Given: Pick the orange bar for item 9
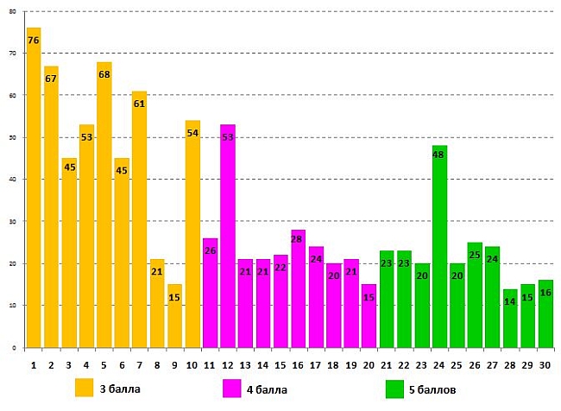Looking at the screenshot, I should (x=174, y=319).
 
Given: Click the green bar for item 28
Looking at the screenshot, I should (x=510, y=321).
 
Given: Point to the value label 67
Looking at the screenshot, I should (x=51, y=79).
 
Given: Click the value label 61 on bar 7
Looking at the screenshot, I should (x=139, y=104).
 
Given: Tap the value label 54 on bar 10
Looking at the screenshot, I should (x=192, y=133).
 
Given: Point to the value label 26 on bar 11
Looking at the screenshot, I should (x=210, y=251).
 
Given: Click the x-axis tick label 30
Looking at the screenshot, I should (x=545, y=364).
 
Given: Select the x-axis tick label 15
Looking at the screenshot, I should (x=280, y=364).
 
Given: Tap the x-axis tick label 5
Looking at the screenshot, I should (x=104, y=364).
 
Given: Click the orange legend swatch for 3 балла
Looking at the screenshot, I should (x=84, y=389).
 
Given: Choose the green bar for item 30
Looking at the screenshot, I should (x=545, y=316).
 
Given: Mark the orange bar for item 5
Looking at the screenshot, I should (x=104, y=207).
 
